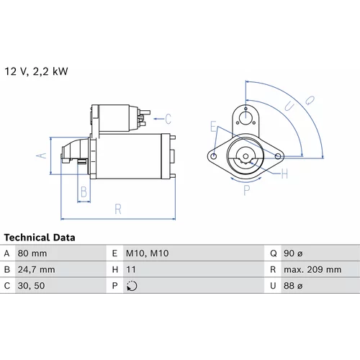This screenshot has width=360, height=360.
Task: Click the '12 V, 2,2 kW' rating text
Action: coord(36,71)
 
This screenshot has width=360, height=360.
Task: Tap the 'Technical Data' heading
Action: coord(40,238)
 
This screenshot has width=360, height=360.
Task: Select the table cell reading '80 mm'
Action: coord(32,253)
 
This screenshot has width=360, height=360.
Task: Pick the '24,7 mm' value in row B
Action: coord(36,269)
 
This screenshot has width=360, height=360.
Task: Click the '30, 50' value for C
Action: coord(31,286)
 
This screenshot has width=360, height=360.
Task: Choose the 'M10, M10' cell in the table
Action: coord(147,253)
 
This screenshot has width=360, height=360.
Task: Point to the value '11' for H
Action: coord(131,269)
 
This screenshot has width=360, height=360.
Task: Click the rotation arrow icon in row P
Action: coord(132,286)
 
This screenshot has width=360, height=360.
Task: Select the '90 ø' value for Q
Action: coord(293,253)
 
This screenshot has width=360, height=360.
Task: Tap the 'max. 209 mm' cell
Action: coord(312,269)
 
